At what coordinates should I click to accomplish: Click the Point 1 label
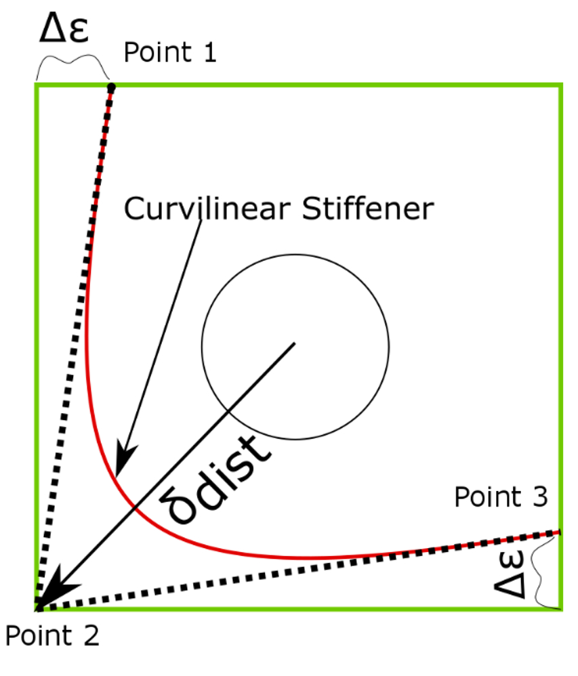[170, 53]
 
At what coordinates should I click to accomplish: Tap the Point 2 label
[52, 637]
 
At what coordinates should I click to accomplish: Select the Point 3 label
[500, 497]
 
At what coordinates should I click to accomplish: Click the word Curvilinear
[200, 209]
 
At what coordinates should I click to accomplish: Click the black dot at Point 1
[111, 87]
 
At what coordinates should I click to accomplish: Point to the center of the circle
[295, 344]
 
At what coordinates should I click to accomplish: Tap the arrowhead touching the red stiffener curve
[123, 461]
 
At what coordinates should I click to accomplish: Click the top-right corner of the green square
[561, 85]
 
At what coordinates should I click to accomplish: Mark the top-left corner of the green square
[37, 85]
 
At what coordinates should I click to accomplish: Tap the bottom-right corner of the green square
[561, 608]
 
